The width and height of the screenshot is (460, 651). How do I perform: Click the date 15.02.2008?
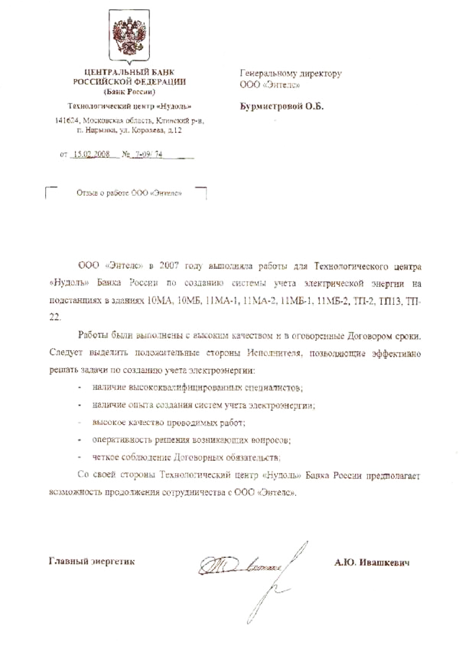(91, 154)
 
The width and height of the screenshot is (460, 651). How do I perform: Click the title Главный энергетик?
(92, 561)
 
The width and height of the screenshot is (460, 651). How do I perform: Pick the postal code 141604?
(66, 121)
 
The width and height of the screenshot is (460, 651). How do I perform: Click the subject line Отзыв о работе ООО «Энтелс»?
(129, 193)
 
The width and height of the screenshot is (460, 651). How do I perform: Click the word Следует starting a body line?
(66, 353)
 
